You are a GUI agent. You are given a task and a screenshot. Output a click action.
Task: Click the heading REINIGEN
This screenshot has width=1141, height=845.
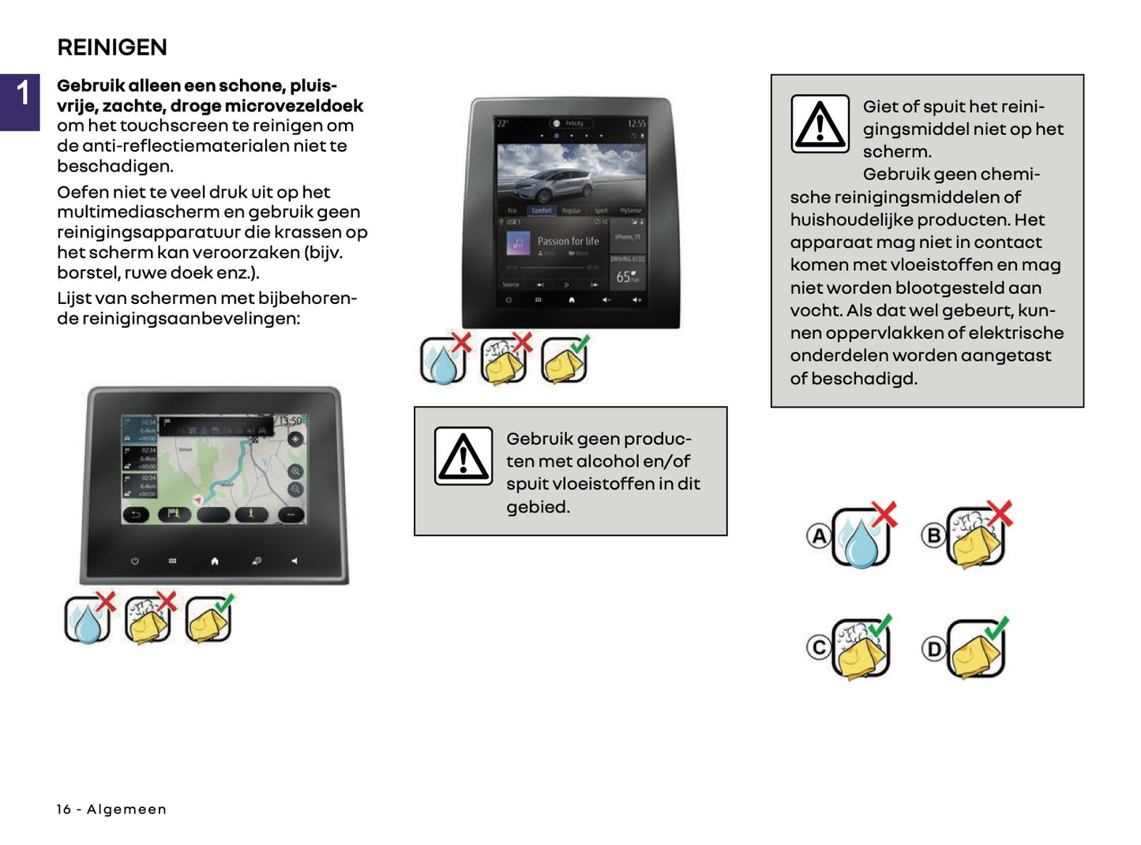click(112, 47)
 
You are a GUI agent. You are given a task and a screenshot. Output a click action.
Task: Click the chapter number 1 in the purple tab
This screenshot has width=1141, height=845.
click(23, 93)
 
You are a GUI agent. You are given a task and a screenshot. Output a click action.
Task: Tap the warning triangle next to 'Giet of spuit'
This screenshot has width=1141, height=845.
click(820, 124)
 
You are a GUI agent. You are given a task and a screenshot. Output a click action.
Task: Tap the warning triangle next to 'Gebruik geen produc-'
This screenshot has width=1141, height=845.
click(463, 456)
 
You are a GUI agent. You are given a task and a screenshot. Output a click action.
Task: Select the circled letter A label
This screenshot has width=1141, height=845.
click(819, 536)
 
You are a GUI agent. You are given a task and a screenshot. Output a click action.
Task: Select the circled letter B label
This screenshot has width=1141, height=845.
click(933, 535)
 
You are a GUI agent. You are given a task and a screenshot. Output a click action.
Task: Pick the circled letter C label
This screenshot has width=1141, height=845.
click(819, 648)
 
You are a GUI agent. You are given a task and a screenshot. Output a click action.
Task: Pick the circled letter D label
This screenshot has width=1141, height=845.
click(933, 649)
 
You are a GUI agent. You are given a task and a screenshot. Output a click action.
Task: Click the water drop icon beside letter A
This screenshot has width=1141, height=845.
click(860, 541)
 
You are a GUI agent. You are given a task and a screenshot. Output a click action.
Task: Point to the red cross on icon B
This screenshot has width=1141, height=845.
click(1000, 513)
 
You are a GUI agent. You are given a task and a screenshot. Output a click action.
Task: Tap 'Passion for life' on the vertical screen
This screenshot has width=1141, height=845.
click(568, 241)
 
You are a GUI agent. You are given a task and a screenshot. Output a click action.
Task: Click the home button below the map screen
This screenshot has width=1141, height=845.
click(214, 561)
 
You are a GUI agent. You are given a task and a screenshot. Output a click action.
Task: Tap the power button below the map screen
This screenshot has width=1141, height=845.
click(134, 561)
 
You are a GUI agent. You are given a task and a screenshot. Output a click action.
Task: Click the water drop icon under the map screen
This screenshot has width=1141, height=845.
click(86, 622)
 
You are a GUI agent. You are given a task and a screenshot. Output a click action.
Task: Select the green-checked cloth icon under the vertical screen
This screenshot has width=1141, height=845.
click(563, 362)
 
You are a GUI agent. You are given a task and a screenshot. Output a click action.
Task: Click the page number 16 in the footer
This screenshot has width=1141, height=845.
click(63, 809)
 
